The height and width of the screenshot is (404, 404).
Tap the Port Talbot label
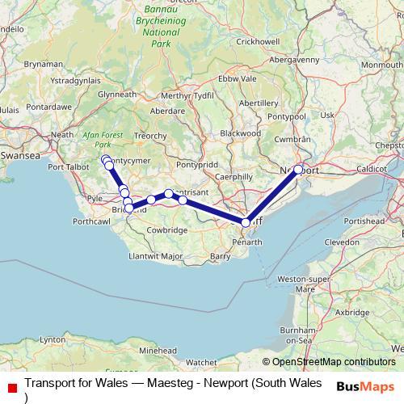(67, 167)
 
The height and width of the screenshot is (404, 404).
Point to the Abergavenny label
(293, 59)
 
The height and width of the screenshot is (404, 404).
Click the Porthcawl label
(91, 220)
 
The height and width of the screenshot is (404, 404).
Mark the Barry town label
(220, 255)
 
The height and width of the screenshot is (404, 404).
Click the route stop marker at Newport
(298, 170)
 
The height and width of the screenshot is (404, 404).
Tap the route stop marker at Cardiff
(246, 222)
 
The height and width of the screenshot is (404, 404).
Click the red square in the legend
(11, 386)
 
